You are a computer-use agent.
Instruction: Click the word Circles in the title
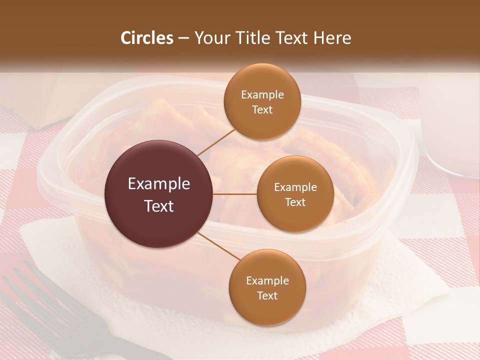pyautogui.click(x=146, y=38)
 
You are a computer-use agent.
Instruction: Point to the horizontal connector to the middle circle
pyautogui.click(x=235, y=194)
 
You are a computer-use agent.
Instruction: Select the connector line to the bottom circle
pyautogui.click(x=218, y=246)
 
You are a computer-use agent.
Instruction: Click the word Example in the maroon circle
pyautogui.click(x=158, y=184)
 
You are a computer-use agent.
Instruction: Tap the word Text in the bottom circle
pyautogui.click(x=267, y=295)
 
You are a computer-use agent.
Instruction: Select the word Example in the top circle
pyautogui.click(x=262, y=95)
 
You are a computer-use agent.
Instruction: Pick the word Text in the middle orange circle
pyautogui.click(x=295, y=202)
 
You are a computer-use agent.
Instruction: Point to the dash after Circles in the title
pyautogui.click(x=183, y=38)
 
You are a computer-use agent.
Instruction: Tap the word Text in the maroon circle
pyautogui.click(x=158, y=206)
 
